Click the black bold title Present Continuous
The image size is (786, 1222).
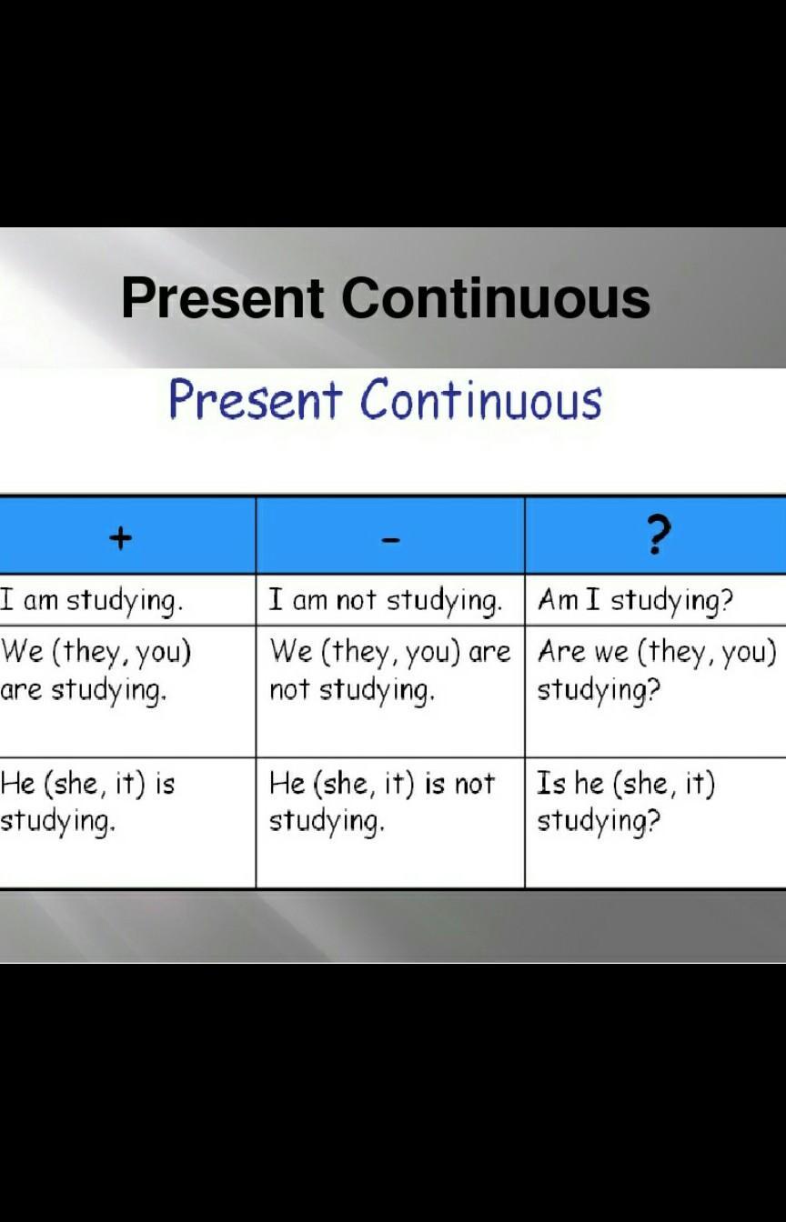click(386, 298)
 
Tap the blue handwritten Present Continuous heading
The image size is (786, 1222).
click(386, 399)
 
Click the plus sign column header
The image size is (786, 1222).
click(121, 538)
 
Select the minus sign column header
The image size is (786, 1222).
click(390, 540)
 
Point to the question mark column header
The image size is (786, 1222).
click(658, 536)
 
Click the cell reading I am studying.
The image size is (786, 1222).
click(91, 601)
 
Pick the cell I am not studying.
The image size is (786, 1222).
click(385, 601)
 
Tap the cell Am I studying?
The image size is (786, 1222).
click(635, 601)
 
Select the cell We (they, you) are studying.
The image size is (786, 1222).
click(96, 671)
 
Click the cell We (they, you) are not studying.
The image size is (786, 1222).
click(389, 671)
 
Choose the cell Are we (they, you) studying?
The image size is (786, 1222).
click(657, 671)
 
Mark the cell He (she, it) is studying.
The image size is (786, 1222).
click(87, 803)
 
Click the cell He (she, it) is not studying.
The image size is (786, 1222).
click(381, 803)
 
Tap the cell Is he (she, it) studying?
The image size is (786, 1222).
click(626, 803)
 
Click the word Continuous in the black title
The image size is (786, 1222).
click(496, 298)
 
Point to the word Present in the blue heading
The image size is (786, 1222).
click(256, 399)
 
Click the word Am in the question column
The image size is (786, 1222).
click(558, 599)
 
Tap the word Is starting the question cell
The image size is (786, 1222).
click(550, 783)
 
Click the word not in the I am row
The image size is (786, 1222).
click(356, 600)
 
